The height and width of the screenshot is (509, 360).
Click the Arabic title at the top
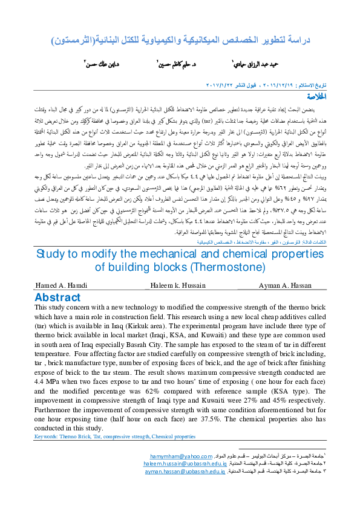click(x=179, y=42)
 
